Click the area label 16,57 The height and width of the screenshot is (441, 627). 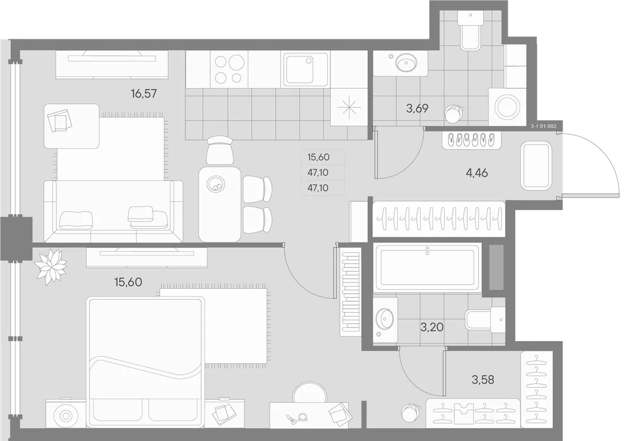pos(144,94)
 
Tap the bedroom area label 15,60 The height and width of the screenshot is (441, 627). pos(128,282)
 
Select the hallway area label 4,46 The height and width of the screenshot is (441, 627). pos(477,173)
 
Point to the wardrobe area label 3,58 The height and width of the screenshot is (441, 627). pos(483,379)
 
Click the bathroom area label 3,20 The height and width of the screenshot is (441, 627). pos(432,327)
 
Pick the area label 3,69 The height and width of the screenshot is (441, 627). pos(417,108)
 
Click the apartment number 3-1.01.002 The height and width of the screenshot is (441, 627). pos(543,126)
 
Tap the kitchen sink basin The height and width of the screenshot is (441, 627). pos(306,69)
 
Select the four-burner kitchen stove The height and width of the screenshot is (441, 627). pos(230,69)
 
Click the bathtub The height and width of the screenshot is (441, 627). pos(427,267)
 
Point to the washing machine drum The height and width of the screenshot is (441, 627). pos(507,107)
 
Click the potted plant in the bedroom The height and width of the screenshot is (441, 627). pos(50,266)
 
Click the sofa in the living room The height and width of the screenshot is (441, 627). pos(113,211)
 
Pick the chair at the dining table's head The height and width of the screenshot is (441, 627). pos(219,150)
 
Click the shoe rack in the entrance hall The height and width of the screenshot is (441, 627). pos(471,140)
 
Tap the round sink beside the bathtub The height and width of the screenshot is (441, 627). pos(385,319)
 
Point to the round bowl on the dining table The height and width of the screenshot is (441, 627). pos(215,184)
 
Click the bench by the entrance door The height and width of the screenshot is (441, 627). pos(536,165)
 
